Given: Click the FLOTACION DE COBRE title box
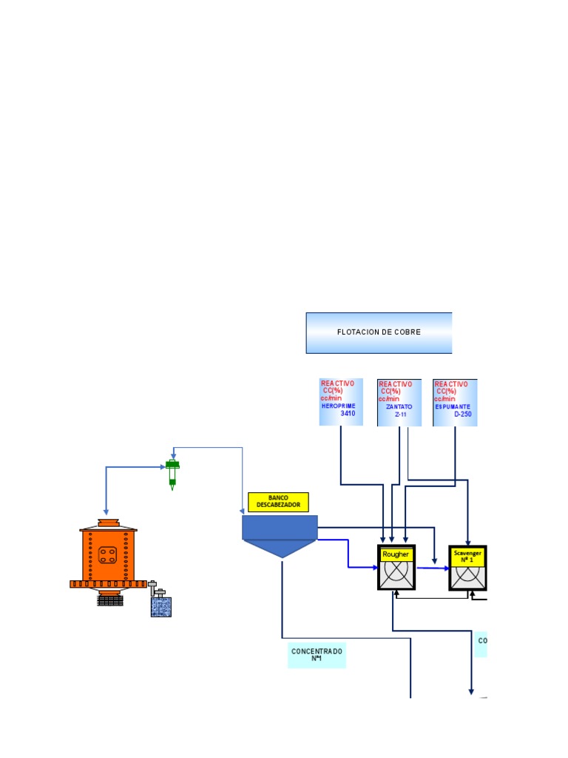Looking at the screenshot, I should coord(379,332).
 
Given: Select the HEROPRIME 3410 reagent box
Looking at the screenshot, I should coord(341,402).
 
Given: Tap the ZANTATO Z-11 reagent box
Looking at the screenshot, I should coord(399,403).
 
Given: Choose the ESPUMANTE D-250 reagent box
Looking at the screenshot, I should coord(455,403).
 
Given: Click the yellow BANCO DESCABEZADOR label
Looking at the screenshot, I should coord(278,501).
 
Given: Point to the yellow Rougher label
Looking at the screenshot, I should coord(396,554).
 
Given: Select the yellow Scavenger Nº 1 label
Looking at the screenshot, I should coord(467,555).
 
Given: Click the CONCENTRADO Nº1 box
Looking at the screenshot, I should coord(317,655).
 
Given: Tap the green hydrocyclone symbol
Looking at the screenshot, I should coord(172,474).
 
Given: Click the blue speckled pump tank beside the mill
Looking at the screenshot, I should coord(160,606).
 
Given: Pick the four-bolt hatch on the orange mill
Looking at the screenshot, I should coord(108,554).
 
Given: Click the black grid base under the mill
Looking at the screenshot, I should coord(109,599).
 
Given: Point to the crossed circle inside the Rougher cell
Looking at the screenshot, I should coord(396,574).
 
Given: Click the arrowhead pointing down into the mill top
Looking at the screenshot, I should coord(106,512).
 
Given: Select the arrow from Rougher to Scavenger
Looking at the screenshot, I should coord(432,568).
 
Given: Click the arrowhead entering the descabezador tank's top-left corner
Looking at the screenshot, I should coord(243,511).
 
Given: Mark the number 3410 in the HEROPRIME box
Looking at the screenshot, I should coord(348,414).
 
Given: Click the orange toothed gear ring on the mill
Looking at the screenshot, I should coord(109,584).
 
